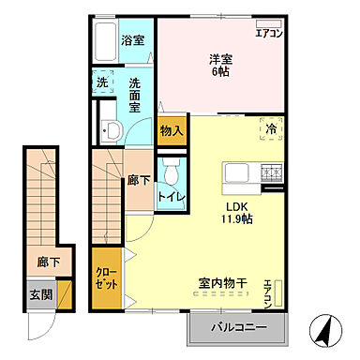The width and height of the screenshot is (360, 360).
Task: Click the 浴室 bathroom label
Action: tap(133, 40)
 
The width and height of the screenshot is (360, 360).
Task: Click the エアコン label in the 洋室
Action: tap(270, 34)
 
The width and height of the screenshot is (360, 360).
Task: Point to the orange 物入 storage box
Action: tap(171, 131)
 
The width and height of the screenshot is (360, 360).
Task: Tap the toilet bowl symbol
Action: tap(170, 172)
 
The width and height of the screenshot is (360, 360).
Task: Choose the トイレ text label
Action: tap(170, 197)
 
